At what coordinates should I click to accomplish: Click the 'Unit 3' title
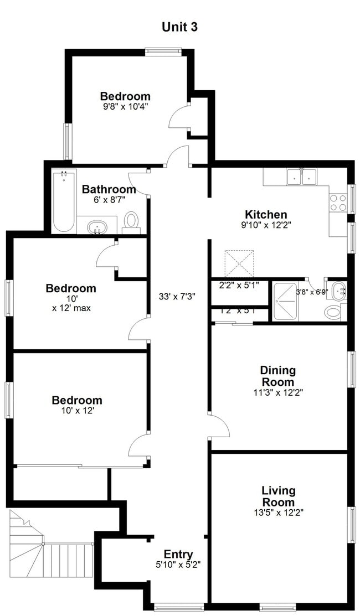179,26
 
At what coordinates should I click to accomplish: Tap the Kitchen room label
266,214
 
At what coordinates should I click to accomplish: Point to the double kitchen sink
301,177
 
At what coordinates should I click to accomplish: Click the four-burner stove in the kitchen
338,203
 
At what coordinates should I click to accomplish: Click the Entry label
178,554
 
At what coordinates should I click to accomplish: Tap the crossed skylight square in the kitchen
239,263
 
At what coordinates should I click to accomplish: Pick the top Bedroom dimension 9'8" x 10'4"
125,105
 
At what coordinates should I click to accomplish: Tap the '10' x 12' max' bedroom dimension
71,303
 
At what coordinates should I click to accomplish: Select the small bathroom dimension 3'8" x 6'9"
312,292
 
